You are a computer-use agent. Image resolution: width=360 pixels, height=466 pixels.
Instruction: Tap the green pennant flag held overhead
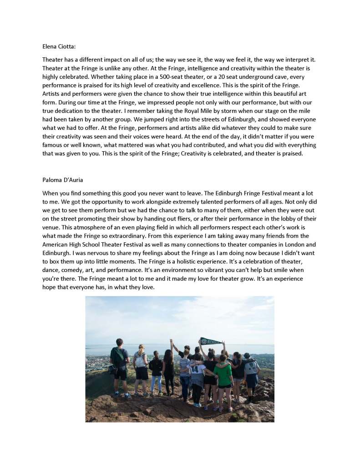pos(210,341)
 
